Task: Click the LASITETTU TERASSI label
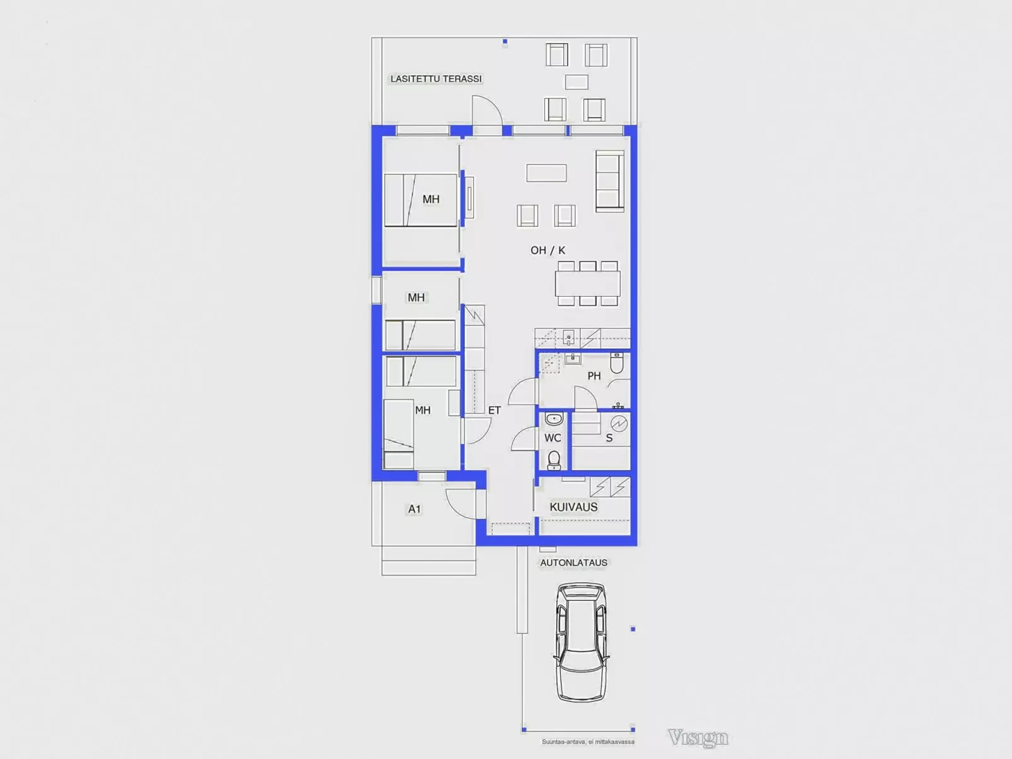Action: [435, 79]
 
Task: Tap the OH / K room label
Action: [548, 250]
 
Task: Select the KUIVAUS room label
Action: [573, 507]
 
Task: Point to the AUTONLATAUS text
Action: [573, 562]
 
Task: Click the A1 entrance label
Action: [415, 509]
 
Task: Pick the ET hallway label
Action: [494, 410]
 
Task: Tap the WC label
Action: [553, 438]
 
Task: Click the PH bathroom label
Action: [594, 376]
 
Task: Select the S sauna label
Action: [609, 438]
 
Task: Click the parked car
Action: [581, 642]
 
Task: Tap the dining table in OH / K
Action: [588, 283]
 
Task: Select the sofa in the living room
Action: [610, 181]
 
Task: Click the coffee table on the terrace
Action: [577, 82]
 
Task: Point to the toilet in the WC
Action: [554, 460]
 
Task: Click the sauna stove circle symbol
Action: [619, 423]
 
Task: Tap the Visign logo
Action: [698, 738]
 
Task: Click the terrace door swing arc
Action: [492, 104]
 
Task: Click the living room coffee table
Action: [546, 173]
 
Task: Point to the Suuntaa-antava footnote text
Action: [588, 742]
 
